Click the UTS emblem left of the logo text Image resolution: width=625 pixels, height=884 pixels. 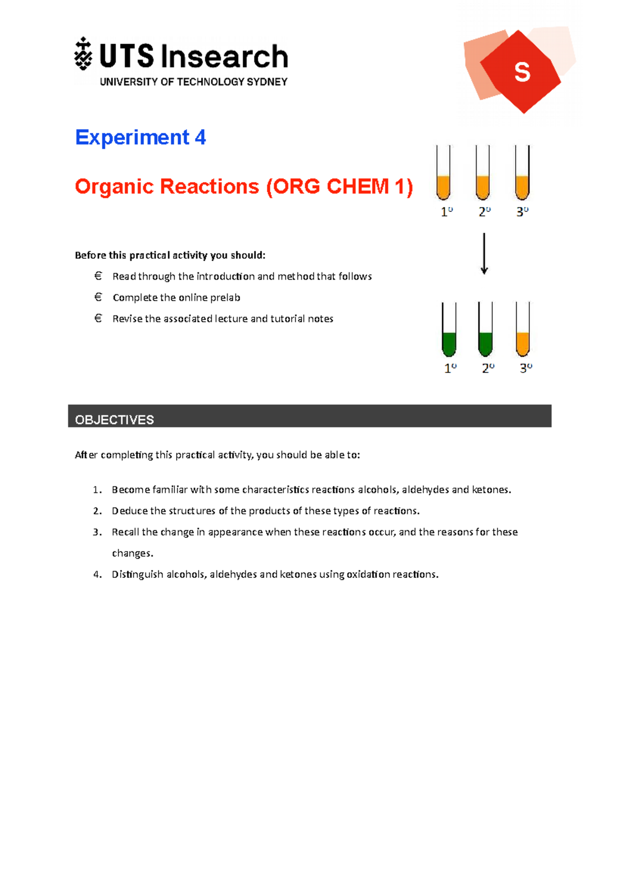[x=83, y=54]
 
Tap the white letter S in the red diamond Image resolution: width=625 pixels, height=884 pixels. [x=522, y=72]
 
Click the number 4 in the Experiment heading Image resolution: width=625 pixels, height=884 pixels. [x=201, y=137]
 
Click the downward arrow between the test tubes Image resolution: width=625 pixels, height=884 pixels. [x=484, y=254]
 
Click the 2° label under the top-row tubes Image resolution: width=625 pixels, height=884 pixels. [x=484, y=212]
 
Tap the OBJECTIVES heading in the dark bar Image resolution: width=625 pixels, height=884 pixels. [x=115, y=420]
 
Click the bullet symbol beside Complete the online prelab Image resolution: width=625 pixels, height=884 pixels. [x=98, y=297]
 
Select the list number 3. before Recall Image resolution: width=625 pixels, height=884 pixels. [x=97, y=532]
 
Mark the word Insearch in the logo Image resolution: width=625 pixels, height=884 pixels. [x=224, y=57]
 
